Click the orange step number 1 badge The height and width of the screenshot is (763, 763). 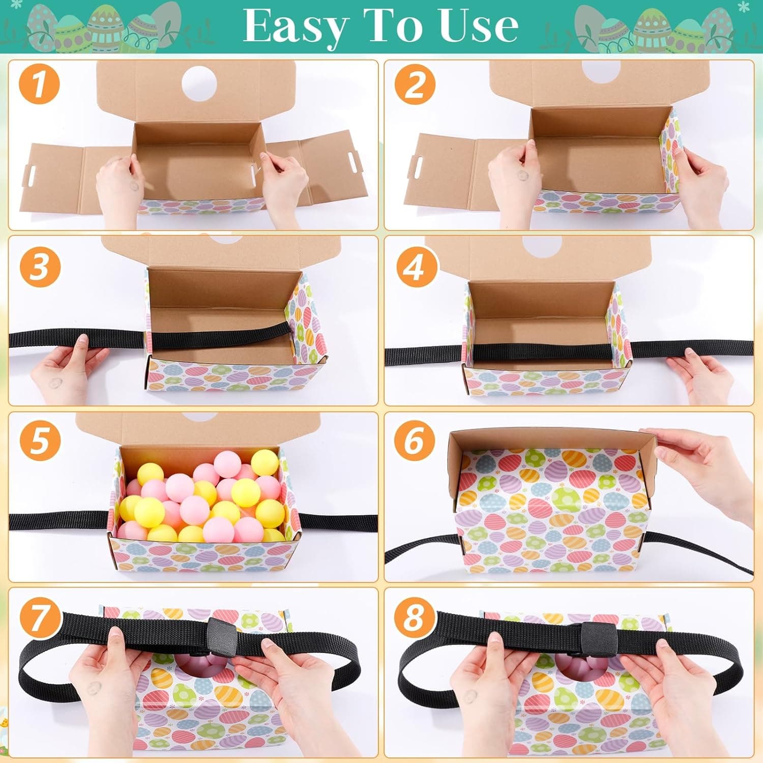(40, 84)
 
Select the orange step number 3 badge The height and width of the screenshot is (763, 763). (40, 266)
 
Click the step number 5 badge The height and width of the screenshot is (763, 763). (40, 441)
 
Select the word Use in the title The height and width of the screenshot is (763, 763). (478, 25)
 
